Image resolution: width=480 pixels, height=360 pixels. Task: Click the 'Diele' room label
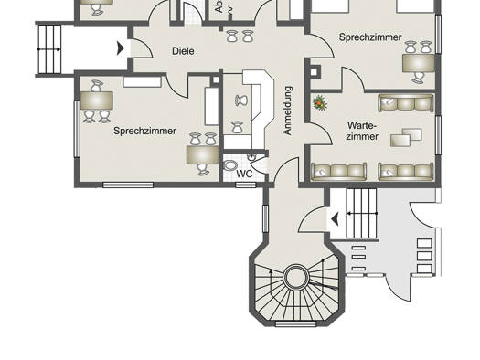pos(183,51)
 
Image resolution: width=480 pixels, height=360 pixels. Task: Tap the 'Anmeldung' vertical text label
pos(287,111)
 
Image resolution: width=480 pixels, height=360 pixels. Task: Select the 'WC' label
pos(244,173)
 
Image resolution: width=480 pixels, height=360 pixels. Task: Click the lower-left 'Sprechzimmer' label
pos(145,131)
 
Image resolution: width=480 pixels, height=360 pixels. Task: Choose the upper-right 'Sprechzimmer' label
pos(370,37)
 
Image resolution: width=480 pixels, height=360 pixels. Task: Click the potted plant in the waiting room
pos(320,102)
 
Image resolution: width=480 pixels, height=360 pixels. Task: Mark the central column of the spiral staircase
pos(295,277)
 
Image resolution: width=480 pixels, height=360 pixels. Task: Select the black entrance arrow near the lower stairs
pos(336,217)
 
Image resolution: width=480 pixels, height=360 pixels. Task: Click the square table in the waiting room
pos(401,138)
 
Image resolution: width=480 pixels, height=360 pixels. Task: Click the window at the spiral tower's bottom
pos(294,323)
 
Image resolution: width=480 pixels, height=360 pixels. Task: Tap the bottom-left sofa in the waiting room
pos(339,171)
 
